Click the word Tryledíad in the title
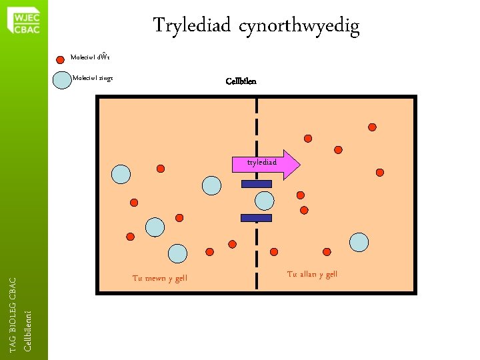tap(191, 26)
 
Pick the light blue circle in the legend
tap(62, 79)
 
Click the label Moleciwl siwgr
tap(93, 78)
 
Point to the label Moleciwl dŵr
tap(89, 57)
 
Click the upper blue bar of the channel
tap(256, 184)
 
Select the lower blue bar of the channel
tap(256, 217)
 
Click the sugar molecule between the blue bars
tap(265, 200)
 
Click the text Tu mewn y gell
tap(160, 278)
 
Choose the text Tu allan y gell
tap(312, 274)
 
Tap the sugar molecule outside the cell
tap(359, 243)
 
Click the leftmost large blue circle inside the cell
tap(121, 174)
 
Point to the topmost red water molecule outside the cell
tap(372, 127)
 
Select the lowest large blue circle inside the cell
tap(177, 253)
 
